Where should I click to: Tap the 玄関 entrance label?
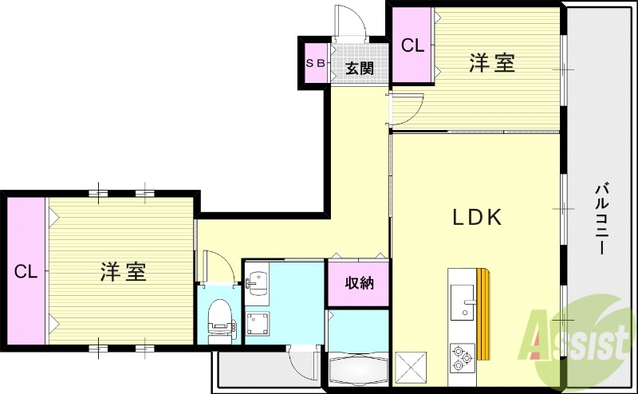[360, 69]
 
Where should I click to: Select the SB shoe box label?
[314, 62]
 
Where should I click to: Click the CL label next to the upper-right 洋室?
[412, 46]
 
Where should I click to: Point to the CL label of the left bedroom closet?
[26, 272]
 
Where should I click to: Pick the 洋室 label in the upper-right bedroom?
[491, 63]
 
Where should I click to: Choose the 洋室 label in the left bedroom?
[123, 271]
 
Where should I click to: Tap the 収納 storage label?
[356, 282]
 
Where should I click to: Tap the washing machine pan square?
[258, 324]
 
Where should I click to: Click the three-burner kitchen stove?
[461, 358]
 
